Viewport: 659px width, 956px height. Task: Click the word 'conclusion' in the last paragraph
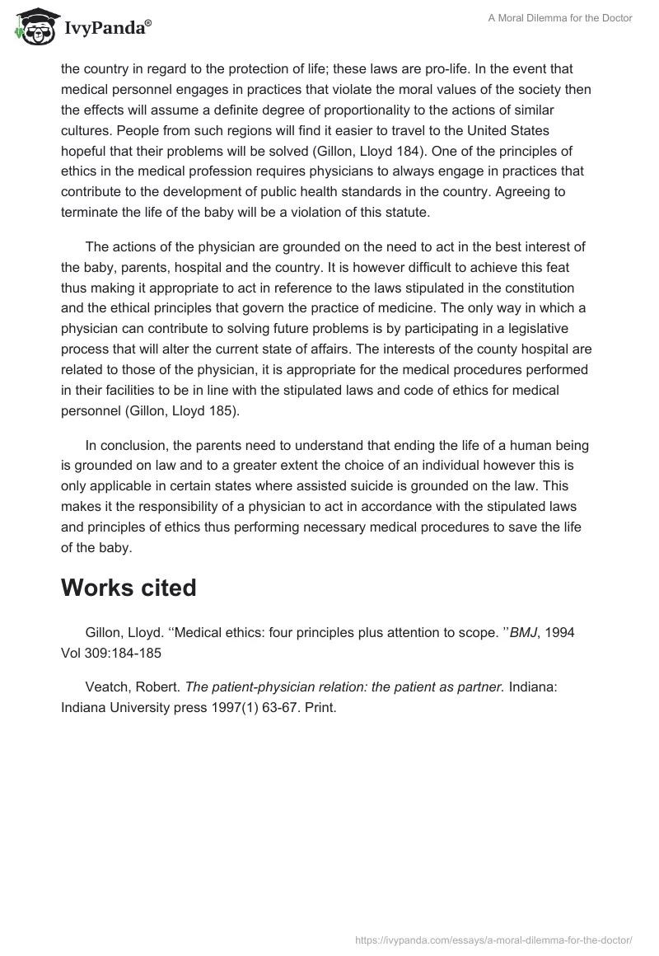click(x=136, y=445)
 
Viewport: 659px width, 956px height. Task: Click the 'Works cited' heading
click(x=129, y=588)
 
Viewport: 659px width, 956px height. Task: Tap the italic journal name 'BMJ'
click(x=524, y=632)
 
